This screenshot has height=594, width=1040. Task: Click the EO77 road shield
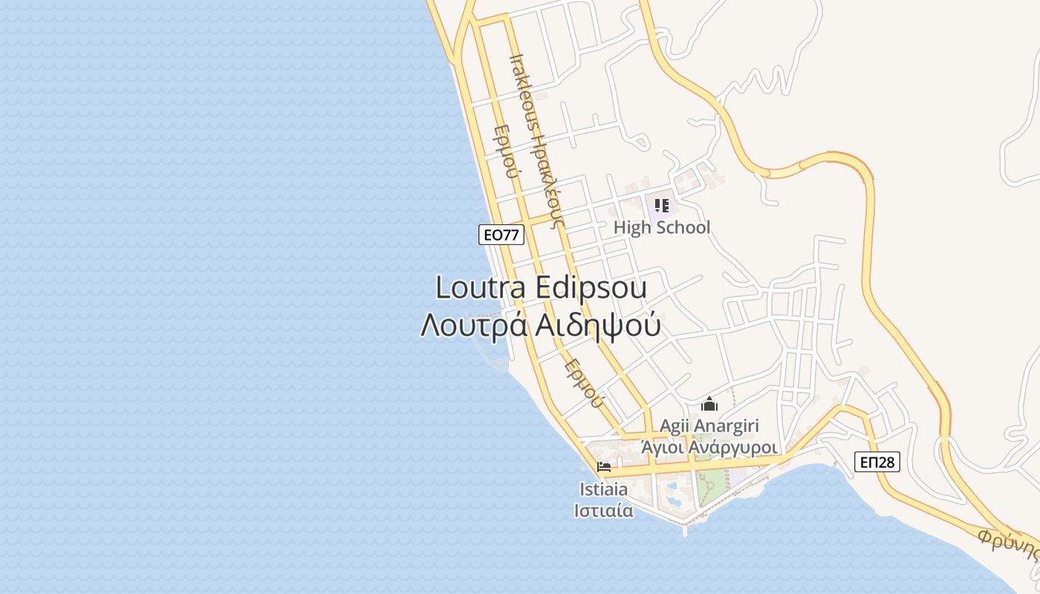coord(501,235)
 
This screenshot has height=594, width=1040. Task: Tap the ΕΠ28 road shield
coord(877,462)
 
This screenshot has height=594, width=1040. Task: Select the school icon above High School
coord(661,206)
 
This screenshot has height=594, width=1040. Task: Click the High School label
coord(662,227)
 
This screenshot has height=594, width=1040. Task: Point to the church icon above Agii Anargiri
coord(709,405)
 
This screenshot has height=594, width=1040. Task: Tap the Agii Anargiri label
coord(709,426)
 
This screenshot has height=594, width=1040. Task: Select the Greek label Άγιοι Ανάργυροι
coord(709,448)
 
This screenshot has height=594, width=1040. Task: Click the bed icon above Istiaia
coord(604,468)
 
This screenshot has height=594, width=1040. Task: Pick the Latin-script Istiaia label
coord(603,489)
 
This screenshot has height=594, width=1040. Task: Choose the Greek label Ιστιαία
coord(603,511)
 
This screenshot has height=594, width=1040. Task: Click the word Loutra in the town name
coord(479,287)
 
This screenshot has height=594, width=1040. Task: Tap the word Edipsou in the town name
coord(591,287)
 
